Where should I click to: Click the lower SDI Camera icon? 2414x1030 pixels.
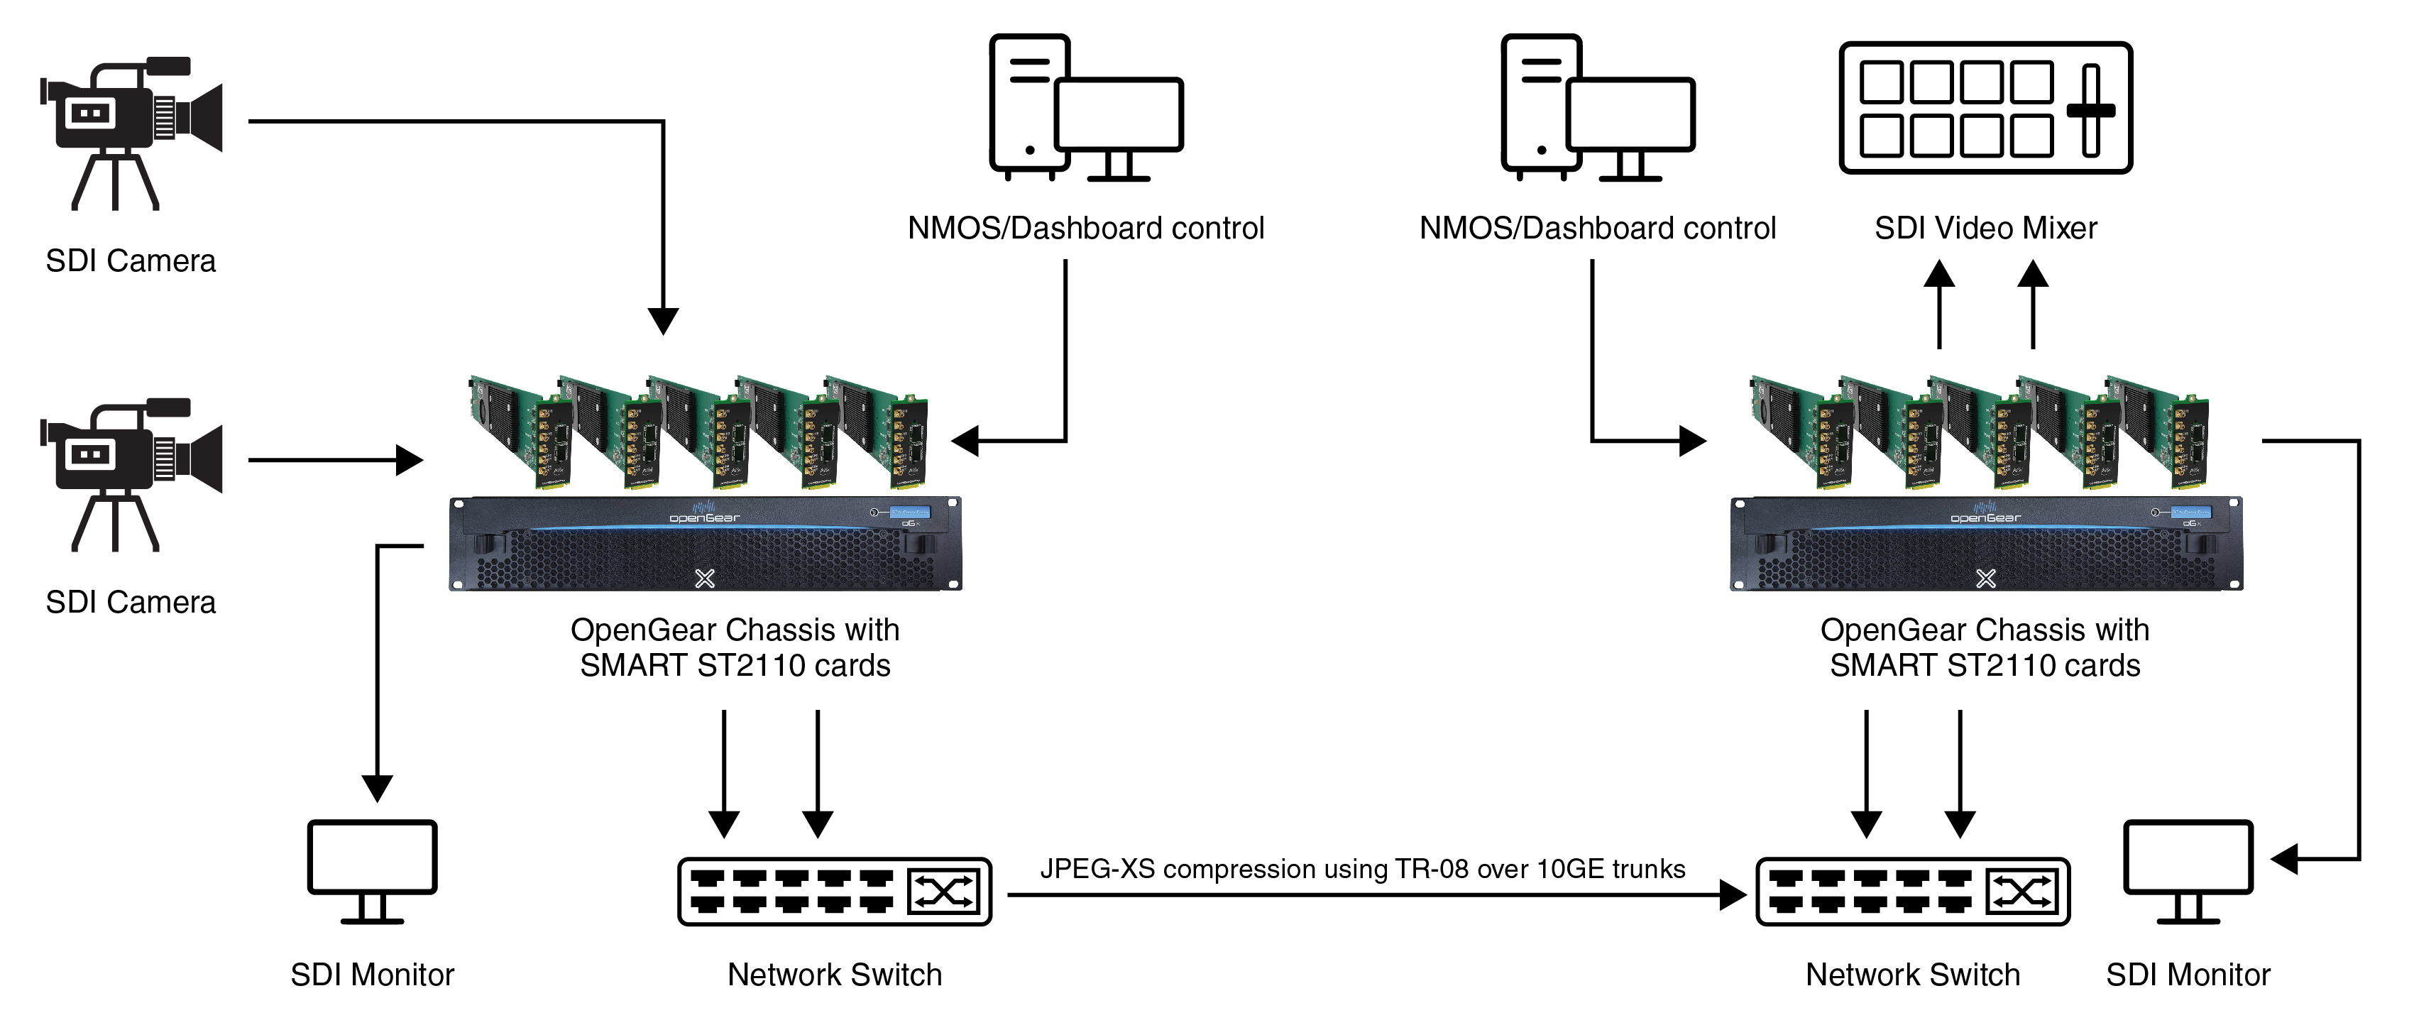131,474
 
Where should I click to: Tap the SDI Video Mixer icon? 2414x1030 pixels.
1985,108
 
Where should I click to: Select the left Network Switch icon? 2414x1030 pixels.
834,892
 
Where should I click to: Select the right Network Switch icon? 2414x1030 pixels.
1911,892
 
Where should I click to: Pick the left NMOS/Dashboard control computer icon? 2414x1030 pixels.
1085,108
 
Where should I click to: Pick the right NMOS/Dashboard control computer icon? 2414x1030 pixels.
1597,108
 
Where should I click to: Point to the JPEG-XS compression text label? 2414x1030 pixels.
1363,869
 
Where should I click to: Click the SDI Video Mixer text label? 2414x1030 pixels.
1985,228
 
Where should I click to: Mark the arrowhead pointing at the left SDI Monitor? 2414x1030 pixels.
377,787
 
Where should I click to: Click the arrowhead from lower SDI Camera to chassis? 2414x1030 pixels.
410,460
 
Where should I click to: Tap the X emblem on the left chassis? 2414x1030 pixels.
705,579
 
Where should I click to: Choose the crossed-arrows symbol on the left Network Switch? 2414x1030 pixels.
943,892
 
